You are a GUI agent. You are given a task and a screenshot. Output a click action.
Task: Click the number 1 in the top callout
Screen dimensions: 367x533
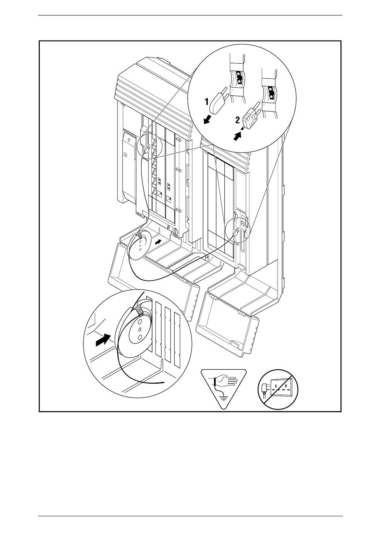click(207, 102)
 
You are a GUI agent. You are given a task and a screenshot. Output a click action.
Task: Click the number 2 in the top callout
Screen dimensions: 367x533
click(238, 120)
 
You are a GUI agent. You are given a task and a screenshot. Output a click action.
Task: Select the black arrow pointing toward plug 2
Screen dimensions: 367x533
click(237, 136)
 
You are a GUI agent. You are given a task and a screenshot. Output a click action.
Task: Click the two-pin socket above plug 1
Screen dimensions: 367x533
click(239, 78)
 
